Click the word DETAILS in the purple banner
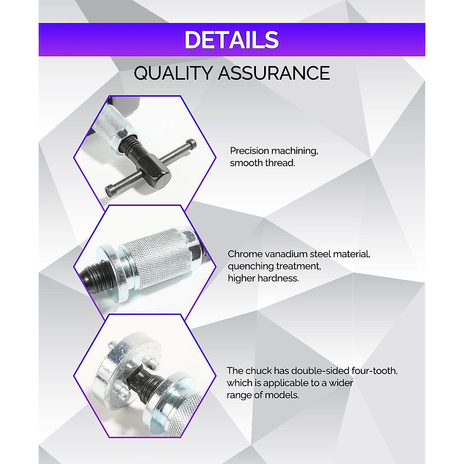tap(231, 39)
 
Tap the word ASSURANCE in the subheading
tap(274, 73)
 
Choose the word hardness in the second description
tap(281, 278)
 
